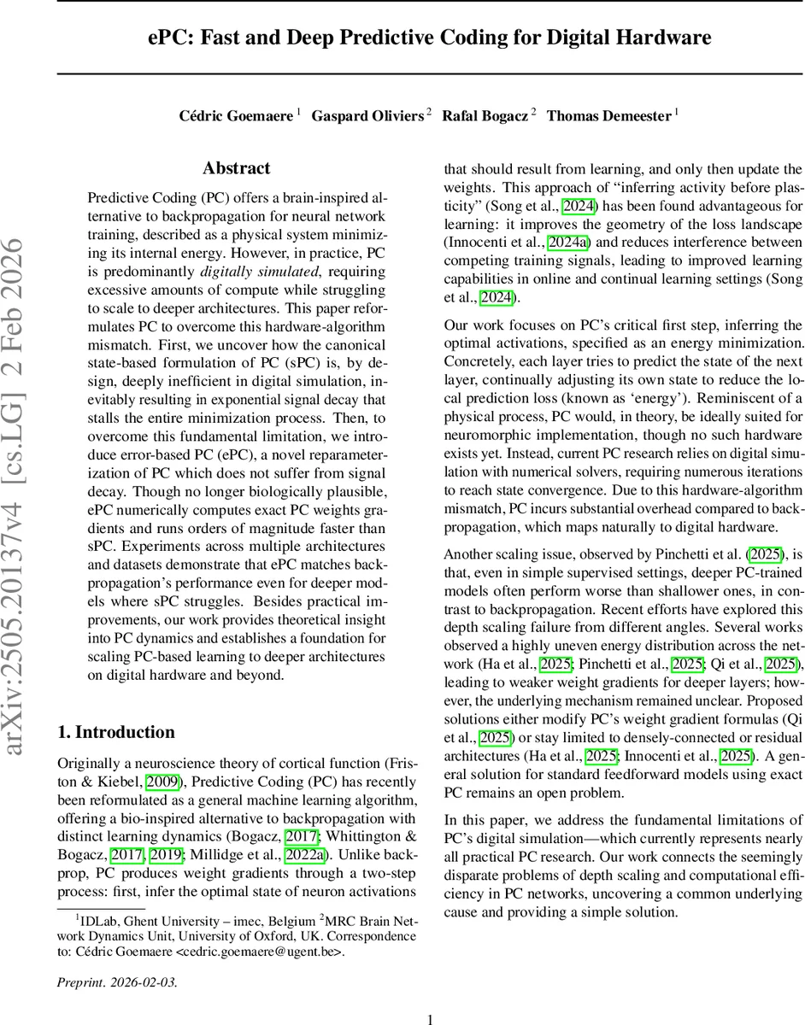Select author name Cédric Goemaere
pos(236,116)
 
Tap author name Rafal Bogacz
pos(484,116)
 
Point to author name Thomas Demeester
pos(608,116)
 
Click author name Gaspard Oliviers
pos(367,116)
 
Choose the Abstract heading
pos(237,168)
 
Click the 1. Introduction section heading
pos(115,732)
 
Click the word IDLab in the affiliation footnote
pos(99,919)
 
